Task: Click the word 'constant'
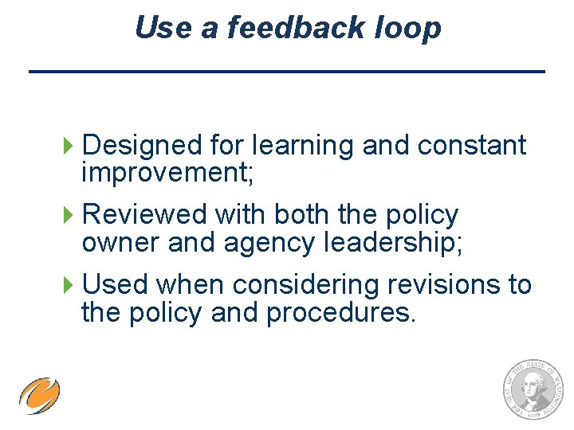pos(472,145)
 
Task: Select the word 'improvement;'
pos(167,173)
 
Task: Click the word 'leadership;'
pos(392,243)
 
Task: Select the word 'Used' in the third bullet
pos(116,284)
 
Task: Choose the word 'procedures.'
pos(340,312)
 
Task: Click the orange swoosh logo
pos(40,396)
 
